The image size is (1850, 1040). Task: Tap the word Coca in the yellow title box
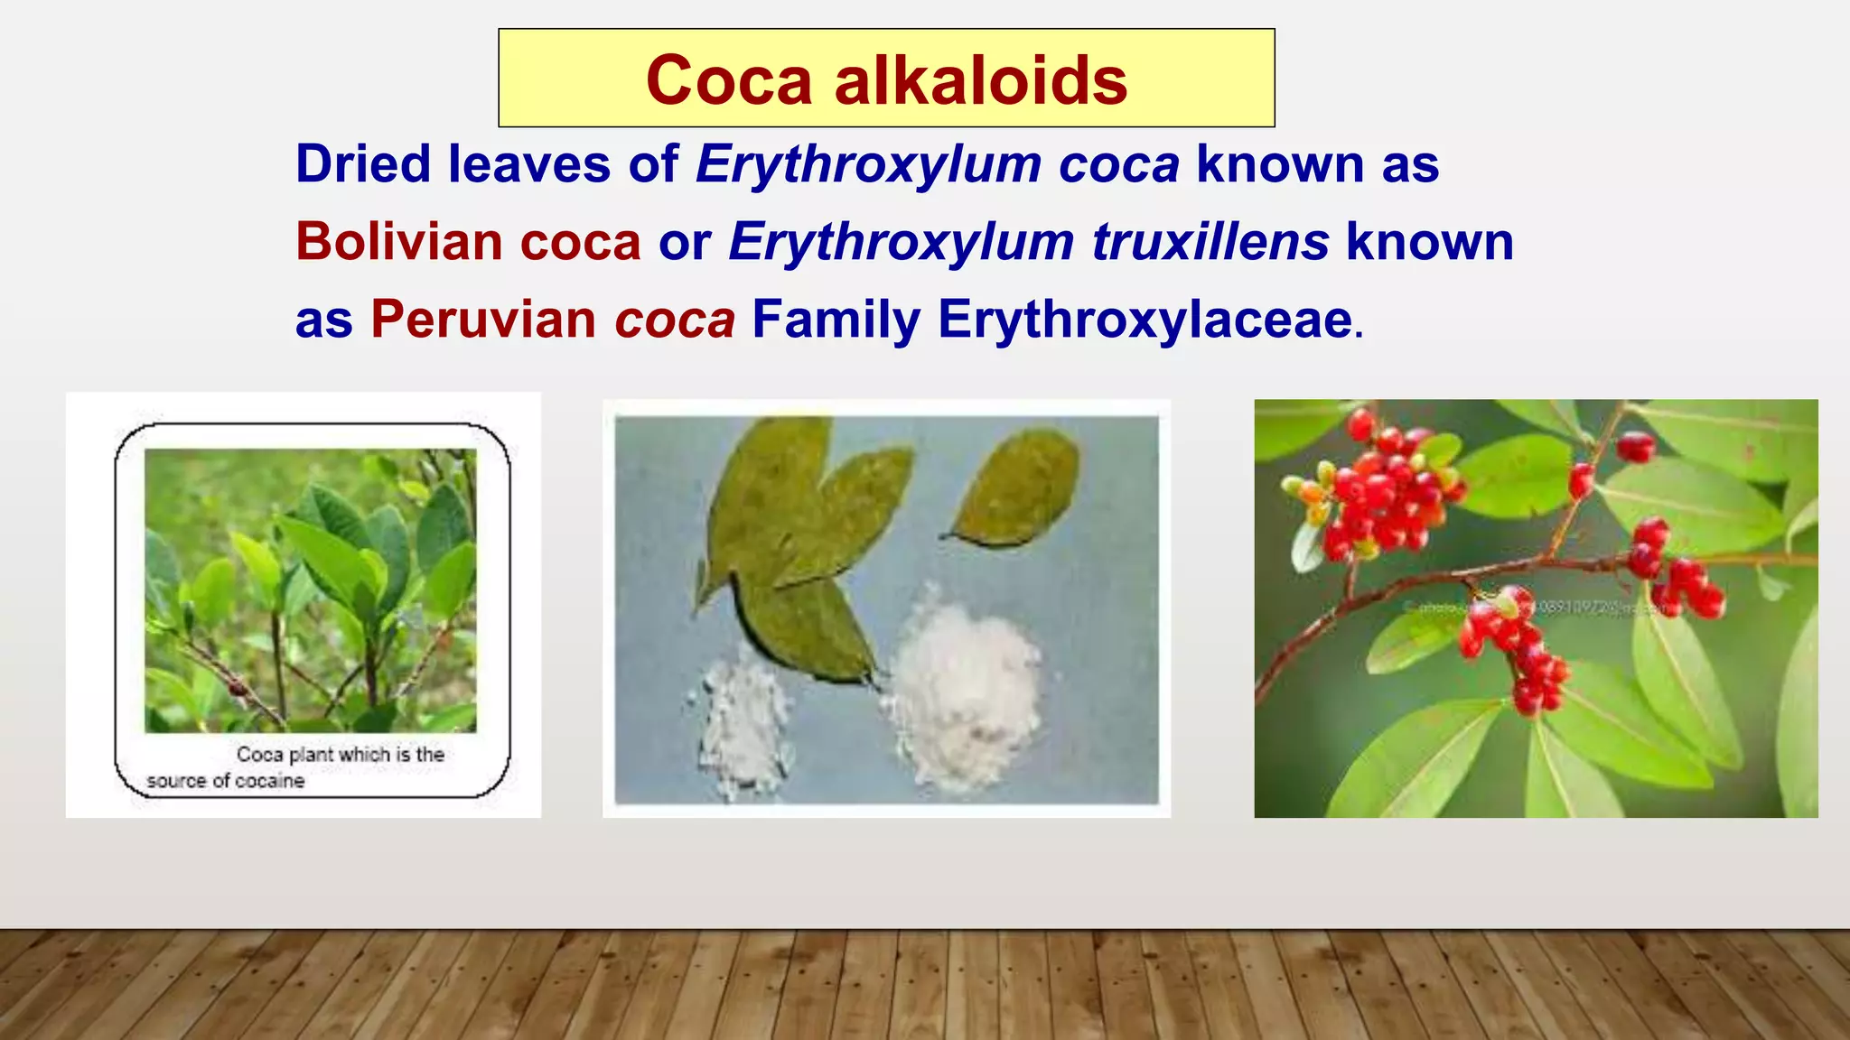729,80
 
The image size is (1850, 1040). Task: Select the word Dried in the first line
363,164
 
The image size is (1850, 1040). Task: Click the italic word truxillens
1210,242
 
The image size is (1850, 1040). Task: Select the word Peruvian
483,320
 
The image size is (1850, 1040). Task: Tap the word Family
836,320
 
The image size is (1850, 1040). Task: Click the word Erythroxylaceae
1145,320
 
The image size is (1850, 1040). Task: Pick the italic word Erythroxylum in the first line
869,164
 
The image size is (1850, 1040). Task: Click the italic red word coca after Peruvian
675,320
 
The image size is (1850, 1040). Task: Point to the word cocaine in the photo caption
269,781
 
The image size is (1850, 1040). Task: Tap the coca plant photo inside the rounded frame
310,590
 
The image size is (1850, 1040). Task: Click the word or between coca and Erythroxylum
684,242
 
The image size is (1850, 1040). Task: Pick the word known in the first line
1279,164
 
